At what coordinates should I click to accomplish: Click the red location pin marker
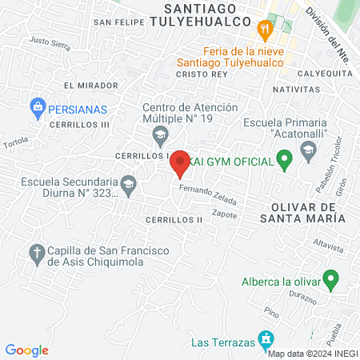pyautogui.click(x=180, y=162)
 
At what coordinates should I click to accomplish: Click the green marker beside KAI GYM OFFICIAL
pyautogui.click(x=283, y=162)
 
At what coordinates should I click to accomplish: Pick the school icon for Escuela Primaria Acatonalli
pyautogui.click(x=307, y=150)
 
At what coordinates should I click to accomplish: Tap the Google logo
pyautogui.click(x=27, y=350)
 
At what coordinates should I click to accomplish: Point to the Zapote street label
pyautogui.click(x=225, y=214)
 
